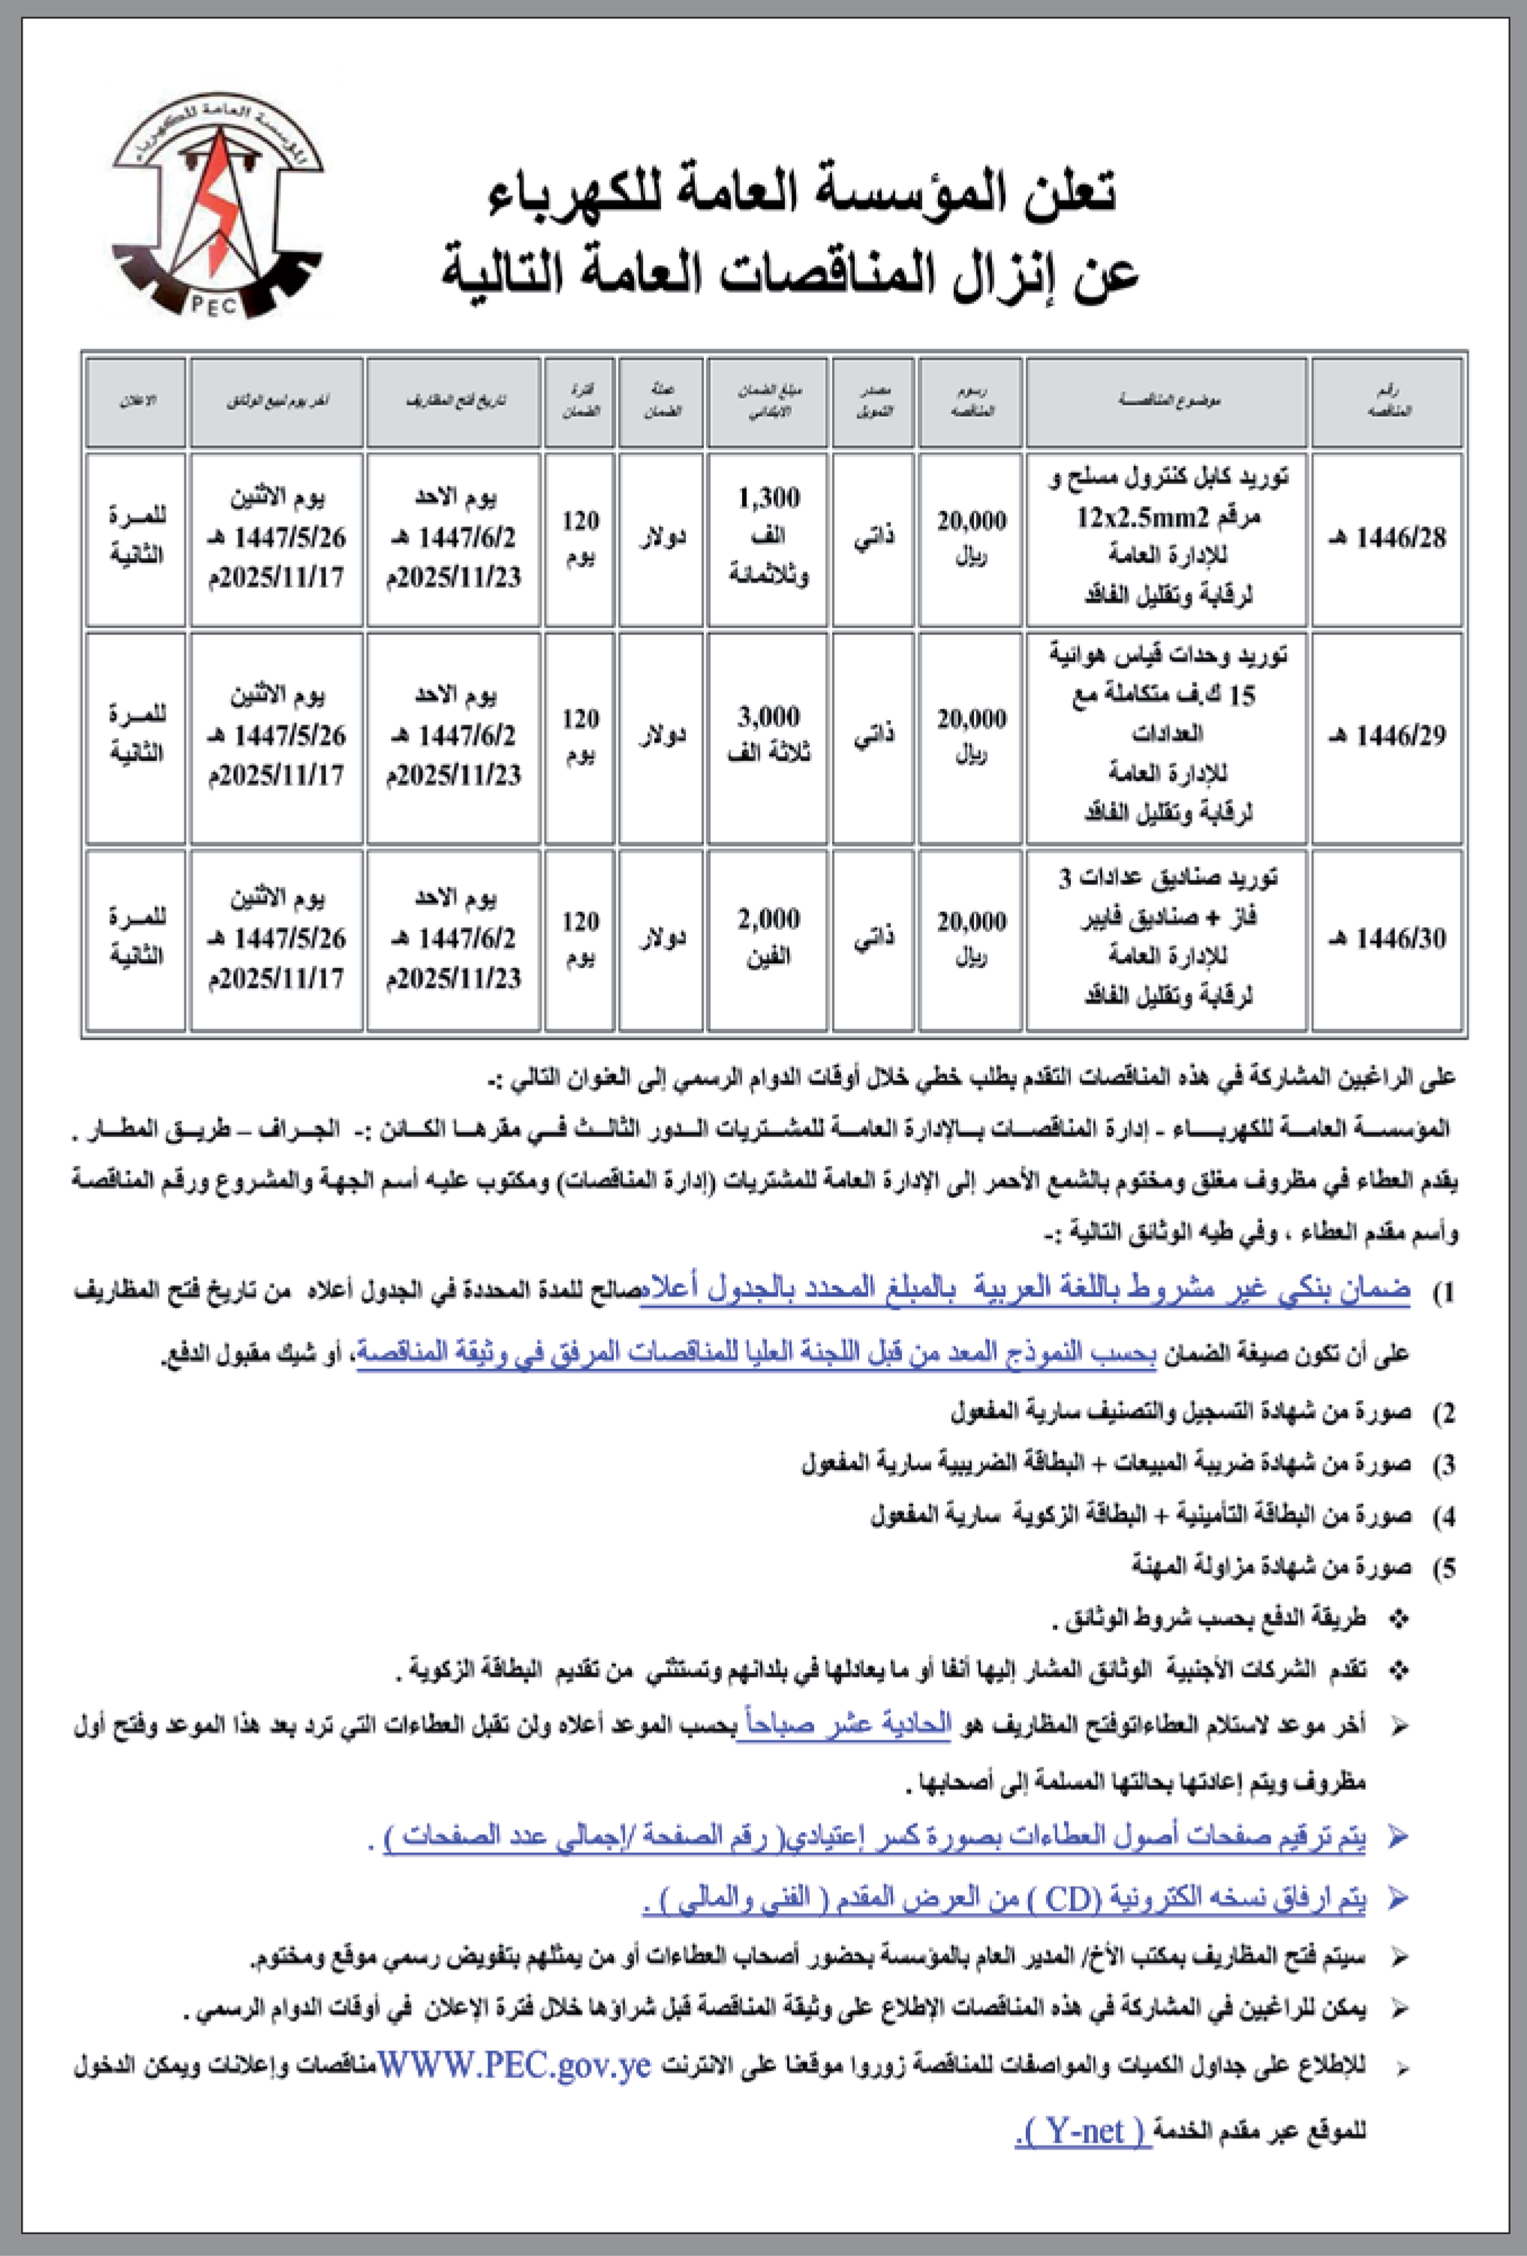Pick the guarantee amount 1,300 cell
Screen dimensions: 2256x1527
click(768, 537)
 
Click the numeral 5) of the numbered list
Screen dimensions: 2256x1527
click(1445, 1567)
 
